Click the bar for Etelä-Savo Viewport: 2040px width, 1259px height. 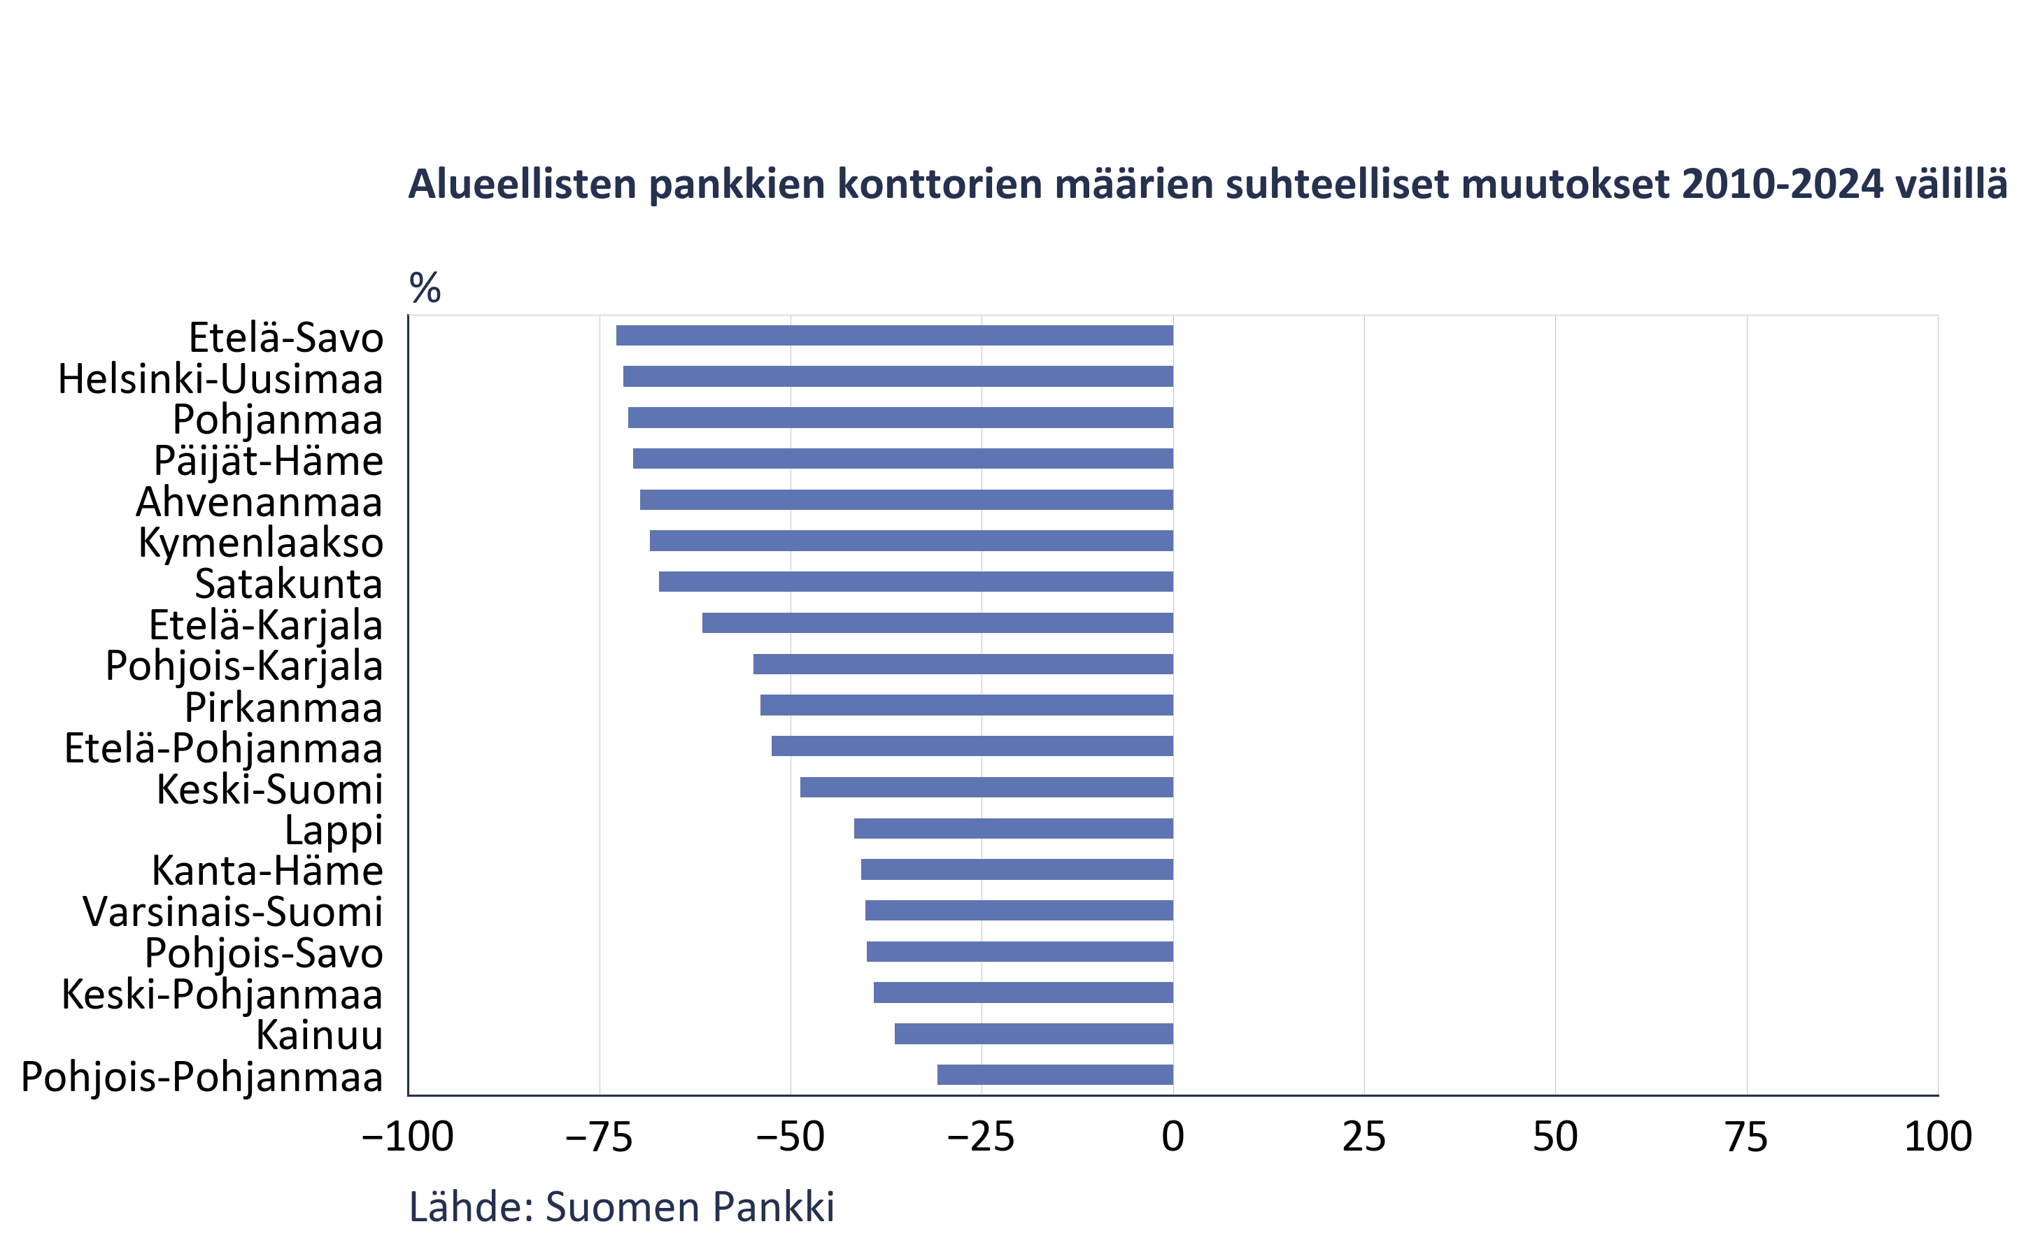tap(894, 336)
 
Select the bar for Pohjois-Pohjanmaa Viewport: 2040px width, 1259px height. tap(1055, 1074)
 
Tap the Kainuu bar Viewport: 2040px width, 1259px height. tap(1033, 1033)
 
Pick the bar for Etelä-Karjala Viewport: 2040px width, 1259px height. tap(937, 623)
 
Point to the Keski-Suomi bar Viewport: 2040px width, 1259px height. tap(986, 787)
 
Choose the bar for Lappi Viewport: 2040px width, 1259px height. tap(1013, 829)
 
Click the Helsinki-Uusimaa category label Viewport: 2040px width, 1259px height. tap(220, 380)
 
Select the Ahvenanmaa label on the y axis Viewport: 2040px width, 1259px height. tap(259, 502)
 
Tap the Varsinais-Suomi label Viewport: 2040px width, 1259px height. tap(233, 912)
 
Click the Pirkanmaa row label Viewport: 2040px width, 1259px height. tap(283, 708)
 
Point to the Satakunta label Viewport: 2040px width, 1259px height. tap(288, 584)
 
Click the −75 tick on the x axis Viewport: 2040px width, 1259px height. tap(600, 1137)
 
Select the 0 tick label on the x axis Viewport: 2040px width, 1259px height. tap(1173, 1137)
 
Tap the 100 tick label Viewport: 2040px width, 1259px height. tap(1938, 1137)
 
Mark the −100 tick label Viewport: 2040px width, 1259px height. tap(408, 1137)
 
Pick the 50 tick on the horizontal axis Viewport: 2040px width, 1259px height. tap(1554, 1137)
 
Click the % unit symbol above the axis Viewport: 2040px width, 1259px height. tap(425, 288)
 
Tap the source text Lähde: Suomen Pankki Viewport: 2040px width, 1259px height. tap(621, 1207)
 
